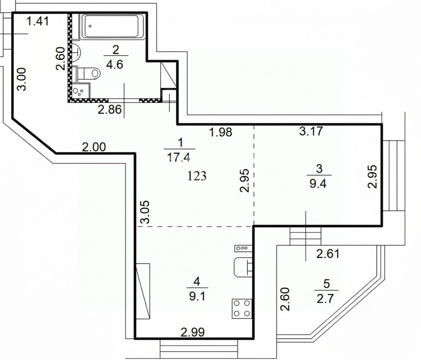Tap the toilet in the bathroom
pos(88,73)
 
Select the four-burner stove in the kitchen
pos(242,309)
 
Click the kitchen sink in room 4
pos(243,267)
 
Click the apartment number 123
pos(197,176)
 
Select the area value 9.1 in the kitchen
pos(197,296)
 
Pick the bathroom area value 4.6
pos(115,64)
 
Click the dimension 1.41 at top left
pos(38,21)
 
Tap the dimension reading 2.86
pos(109,109)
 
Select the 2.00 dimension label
pos(94,147)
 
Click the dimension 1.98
pos(220,132)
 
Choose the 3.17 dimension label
pos(310,131)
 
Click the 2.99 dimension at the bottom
pos(192,332)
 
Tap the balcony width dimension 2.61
pos(328,254)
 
